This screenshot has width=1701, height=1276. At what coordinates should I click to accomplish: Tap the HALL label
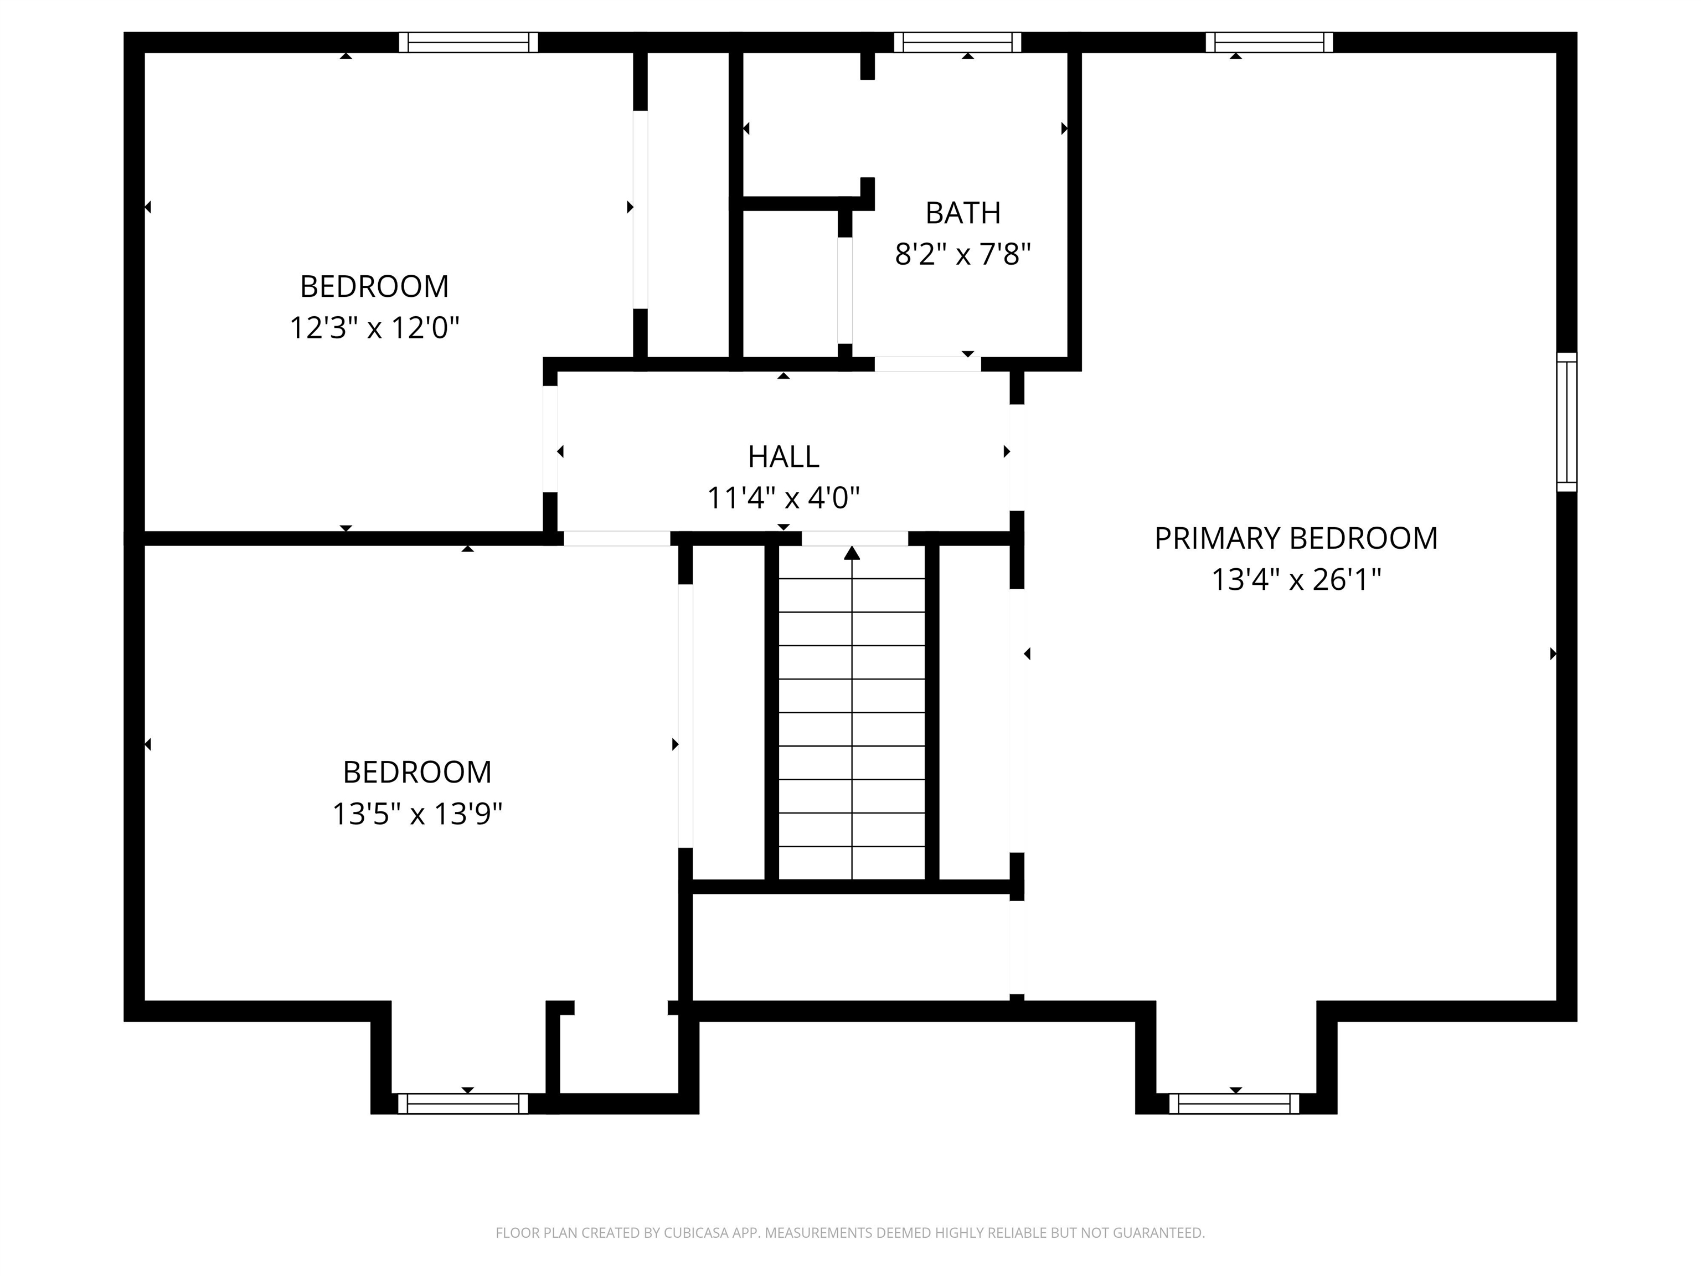(x=783, y=457)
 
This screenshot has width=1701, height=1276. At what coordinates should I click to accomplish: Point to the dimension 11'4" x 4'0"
(x=783, y=498)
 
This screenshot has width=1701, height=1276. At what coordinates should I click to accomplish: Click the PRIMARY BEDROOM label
(x=1296, y=538)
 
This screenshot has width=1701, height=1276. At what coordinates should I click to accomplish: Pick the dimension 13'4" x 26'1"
(x=1296, y=580)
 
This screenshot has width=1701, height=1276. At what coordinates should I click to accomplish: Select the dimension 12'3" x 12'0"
(x=374, y=328)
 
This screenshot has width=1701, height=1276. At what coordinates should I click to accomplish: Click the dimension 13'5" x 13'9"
(x=417, y=814)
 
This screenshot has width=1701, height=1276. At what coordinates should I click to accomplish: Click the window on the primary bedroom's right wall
(x=1566, y=421)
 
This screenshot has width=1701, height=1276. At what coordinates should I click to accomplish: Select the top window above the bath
(x=957, y=42)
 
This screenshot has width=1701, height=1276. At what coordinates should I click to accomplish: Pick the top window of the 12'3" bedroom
(x=468, y=42)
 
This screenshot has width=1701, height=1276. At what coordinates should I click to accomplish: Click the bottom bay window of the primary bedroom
(x=1234, y=1104)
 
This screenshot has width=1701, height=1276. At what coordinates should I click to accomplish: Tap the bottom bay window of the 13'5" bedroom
(x=463, y=1104)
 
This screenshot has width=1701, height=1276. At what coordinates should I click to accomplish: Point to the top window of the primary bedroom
(x=1269, y=42)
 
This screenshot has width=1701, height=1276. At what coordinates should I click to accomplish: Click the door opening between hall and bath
(x=927, y=364)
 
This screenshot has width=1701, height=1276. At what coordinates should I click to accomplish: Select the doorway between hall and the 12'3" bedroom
(x=550, y=439)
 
